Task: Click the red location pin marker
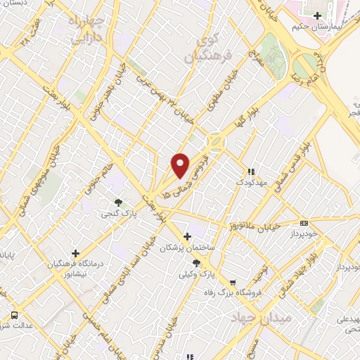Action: coord(181,165)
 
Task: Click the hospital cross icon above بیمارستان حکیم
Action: coord(319,15)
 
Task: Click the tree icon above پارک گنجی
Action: coord(118,202)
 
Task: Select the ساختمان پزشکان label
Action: coord(186,247)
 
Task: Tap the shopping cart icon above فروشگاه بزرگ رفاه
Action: coord(232,283)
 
